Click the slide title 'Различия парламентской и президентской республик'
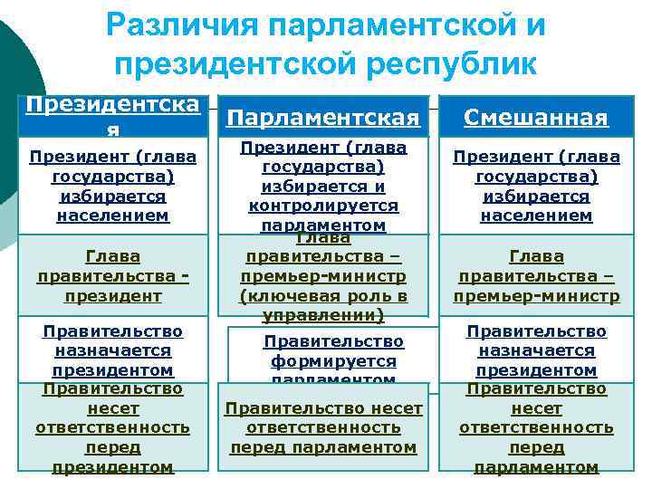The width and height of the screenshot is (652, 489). click(x=326, y=45)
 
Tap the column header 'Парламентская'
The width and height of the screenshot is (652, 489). click(x=323, y=118)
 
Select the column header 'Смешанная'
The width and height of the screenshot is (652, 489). click(x=536, y=118)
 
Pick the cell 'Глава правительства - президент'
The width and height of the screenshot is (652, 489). click(x=112, y=276)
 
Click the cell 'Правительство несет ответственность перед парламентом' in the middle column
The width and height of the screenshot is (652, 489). click(x=323, y=427)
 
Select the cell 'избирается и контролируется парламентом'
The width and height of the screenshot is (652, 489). click(x=323, y=186)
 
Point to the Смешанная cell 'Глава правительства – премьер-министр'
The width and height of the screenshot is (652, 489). click(x=536, y=276)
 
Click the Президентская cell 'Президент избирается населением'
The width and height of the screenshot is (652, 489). click(x=112, y=186)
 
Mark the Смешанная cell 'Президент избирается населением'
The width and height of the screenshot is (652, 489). click(x=536, y=186)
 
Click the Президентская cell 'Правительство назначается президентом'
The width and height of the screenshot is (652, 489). click(x=112, y=350)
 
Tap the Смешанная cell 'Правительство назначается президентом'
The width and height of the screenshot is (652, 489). click(x=536, y=350)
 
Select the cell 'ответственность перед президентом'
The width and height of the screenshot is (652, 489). click(x=112, y=427)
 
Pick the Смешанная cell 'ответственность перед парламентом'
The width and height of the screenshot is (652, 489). click(x=536, y=427)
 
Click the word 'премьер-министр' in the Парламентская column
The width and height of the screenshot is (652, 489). click(x=323, y=276)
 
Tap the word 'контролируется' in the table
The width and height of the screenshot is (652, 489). click(x=323, y=206)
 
